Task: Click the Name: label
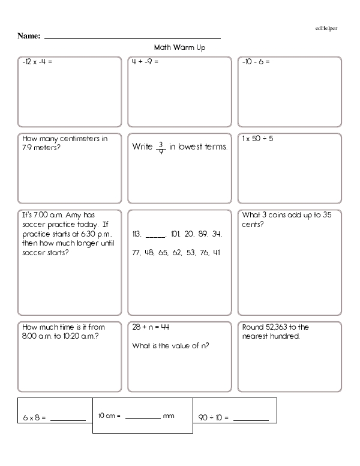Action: point(29,36)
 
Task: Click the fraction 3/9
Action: point(161,147)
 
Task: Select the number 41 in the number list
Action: point(217,252)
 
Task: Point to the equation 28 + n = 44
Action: point(151,327)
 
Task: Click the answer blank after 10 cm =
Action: point(143,416)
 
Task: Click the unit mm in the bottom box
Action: point(169,416)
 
